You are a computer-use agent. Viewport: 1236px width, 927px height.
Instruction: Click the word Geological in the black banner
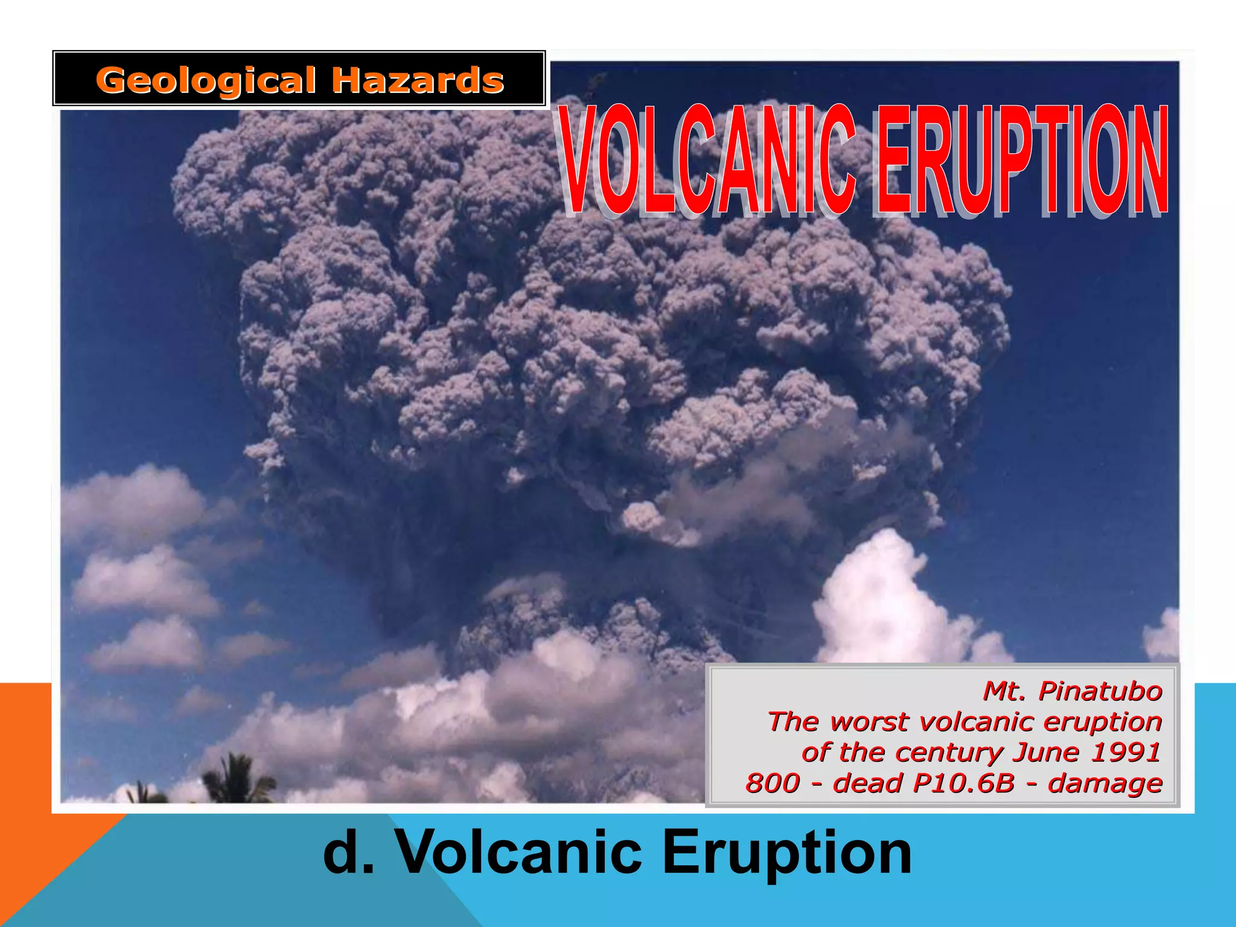[x=205, y=81]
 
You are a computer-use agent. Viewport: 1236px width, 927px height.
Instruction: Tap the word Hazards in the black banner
[x=418, y=81]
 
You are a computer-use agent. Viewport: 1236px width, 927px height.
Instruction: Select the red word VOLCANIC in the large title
[x=706, y=160]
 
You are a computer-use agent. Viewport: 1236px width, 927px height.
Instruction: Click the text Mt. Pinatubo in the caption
[x=1072, y=691]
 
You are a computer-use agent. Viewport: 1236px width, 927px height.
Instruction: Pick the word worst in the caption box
[x=868, y=722]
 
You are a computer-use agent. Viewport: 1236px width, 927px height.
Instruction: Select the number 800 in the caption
[x=772, y=783]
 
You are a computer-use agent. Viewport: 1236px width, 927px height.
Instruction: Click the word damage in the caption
[x=1106, y=784]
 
